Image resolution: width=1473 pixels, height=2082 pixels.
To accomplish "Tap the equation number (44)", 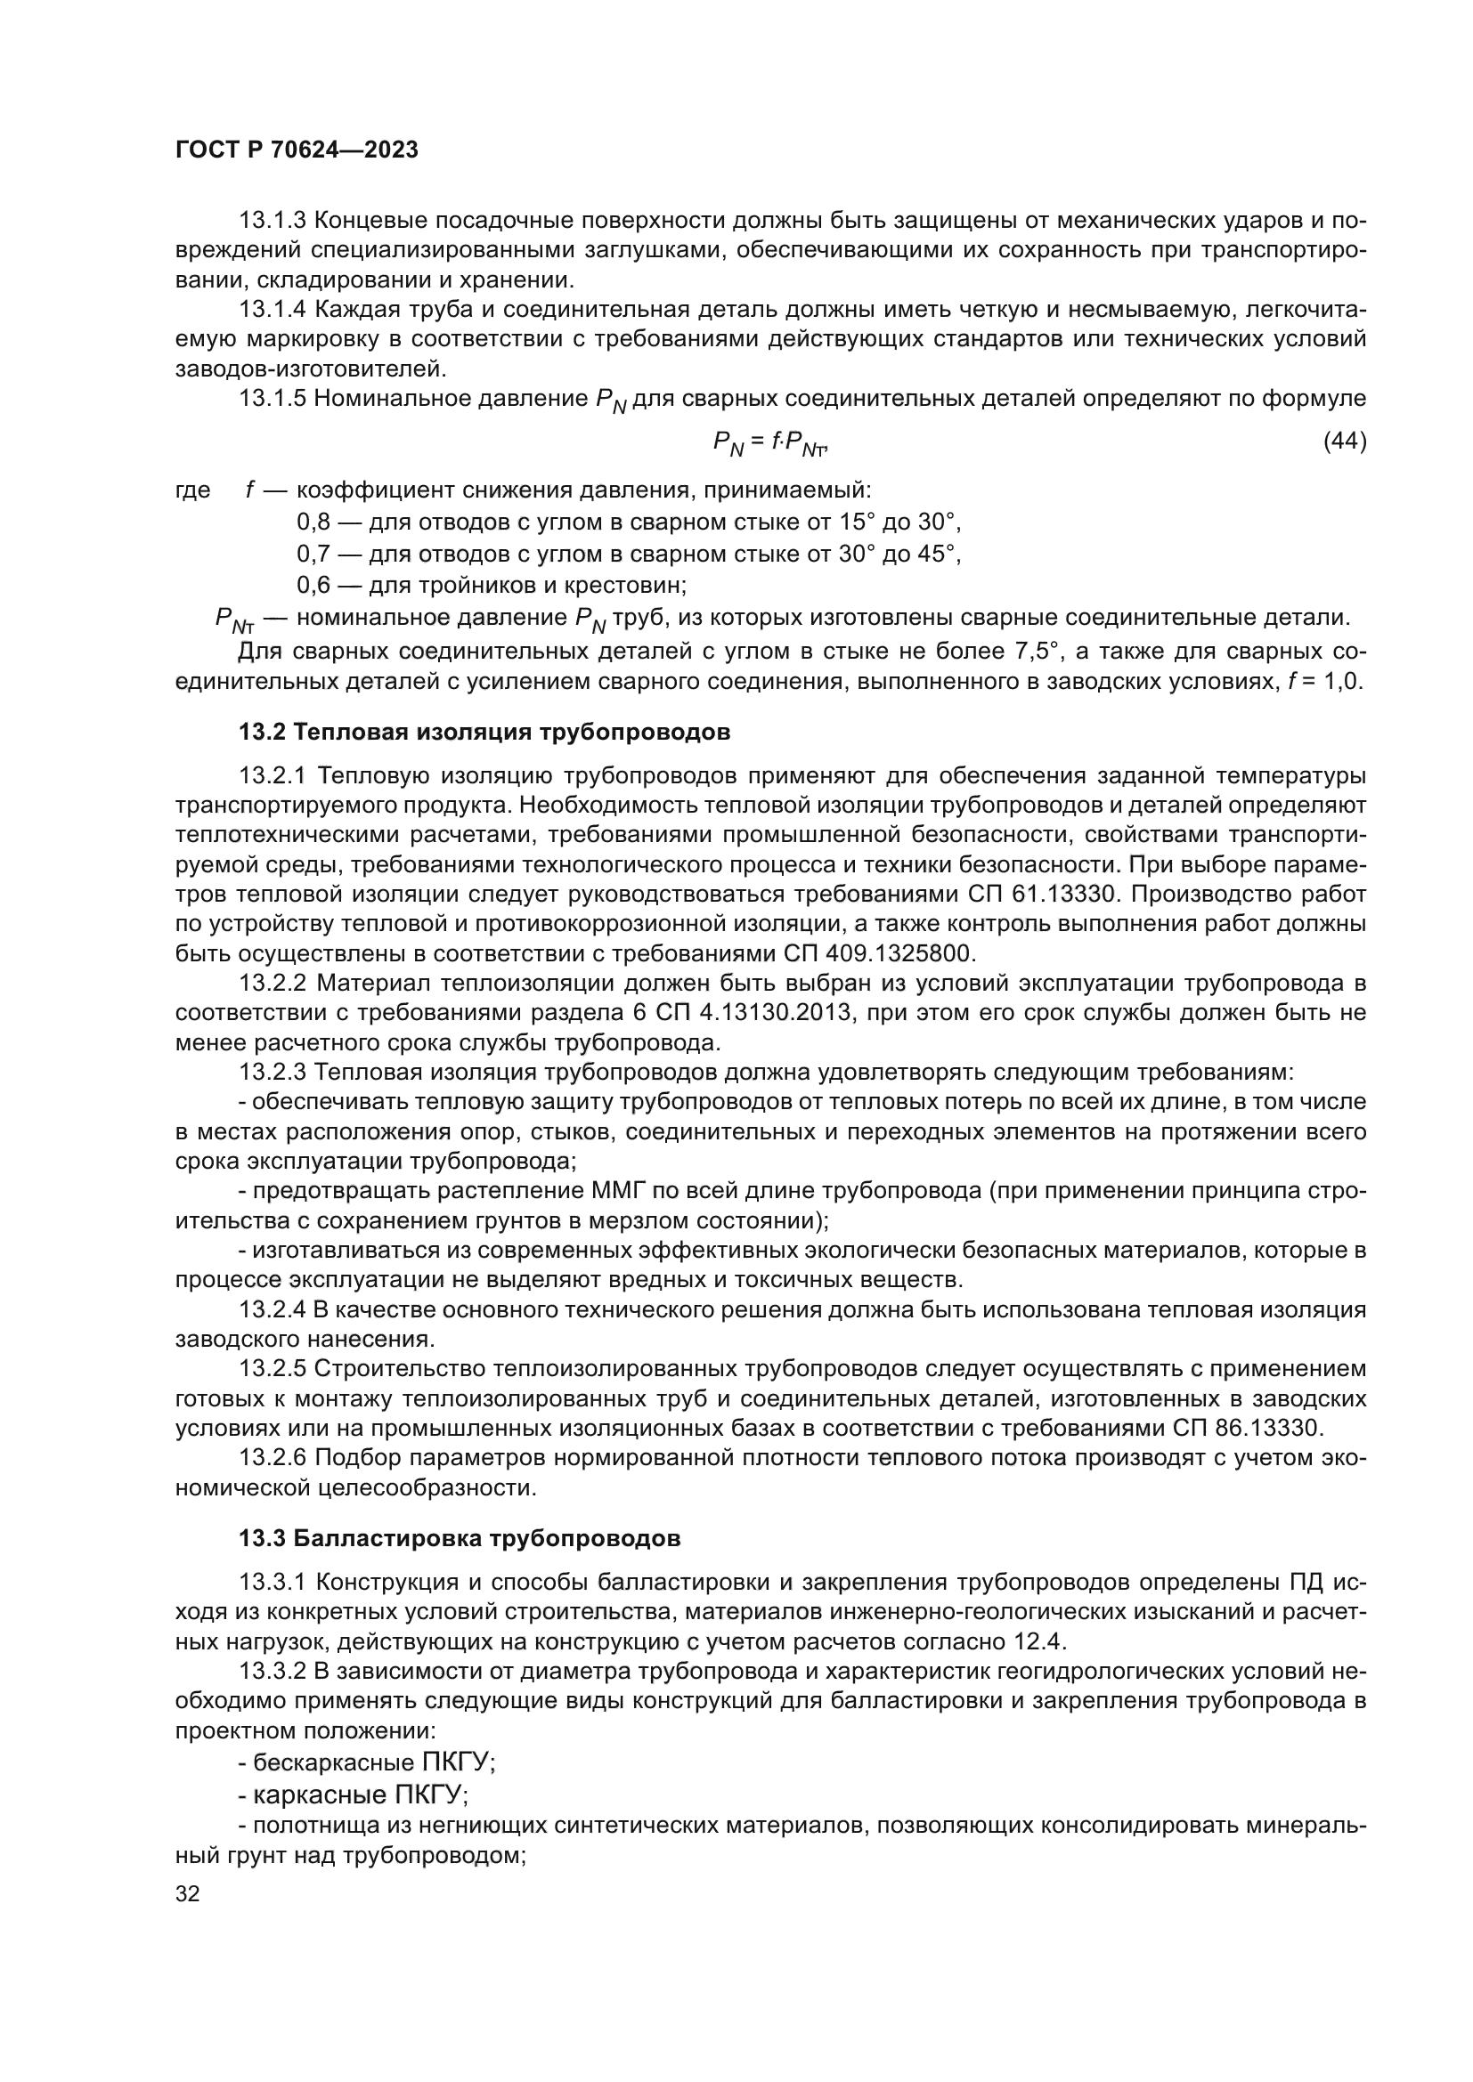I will pyautogui.click(x=1344, y=442).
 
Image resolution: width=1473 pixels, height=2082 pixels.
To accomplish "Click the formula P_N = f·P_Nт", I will pyautogui.click(x=771, y=443).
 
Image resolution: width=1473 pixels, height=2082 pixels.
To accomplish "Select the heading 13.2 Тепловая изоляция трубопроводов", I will pyautogui.click(x=484, y=732).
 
